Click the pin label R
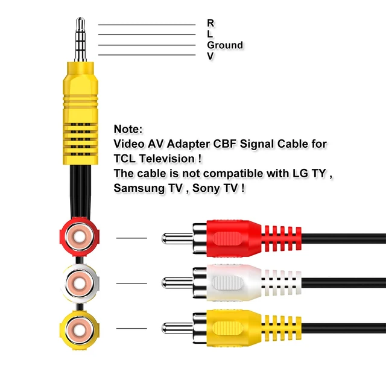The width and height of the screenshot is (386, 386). (x=210, y=23)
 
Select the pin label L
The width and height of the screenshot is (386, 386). (x=210, y=34)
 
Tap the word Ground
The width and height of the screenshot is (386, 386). (x=225, y=45)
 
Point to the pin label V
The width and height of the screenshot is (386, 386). (x=210, y=56)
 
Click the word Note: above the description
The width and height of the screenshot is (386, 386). (x=128, y=129)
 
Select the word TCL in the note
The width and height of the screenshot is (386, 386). (x=125, y=159)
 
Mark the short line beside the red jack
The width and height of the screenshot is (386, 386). (x=131, y=238)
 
